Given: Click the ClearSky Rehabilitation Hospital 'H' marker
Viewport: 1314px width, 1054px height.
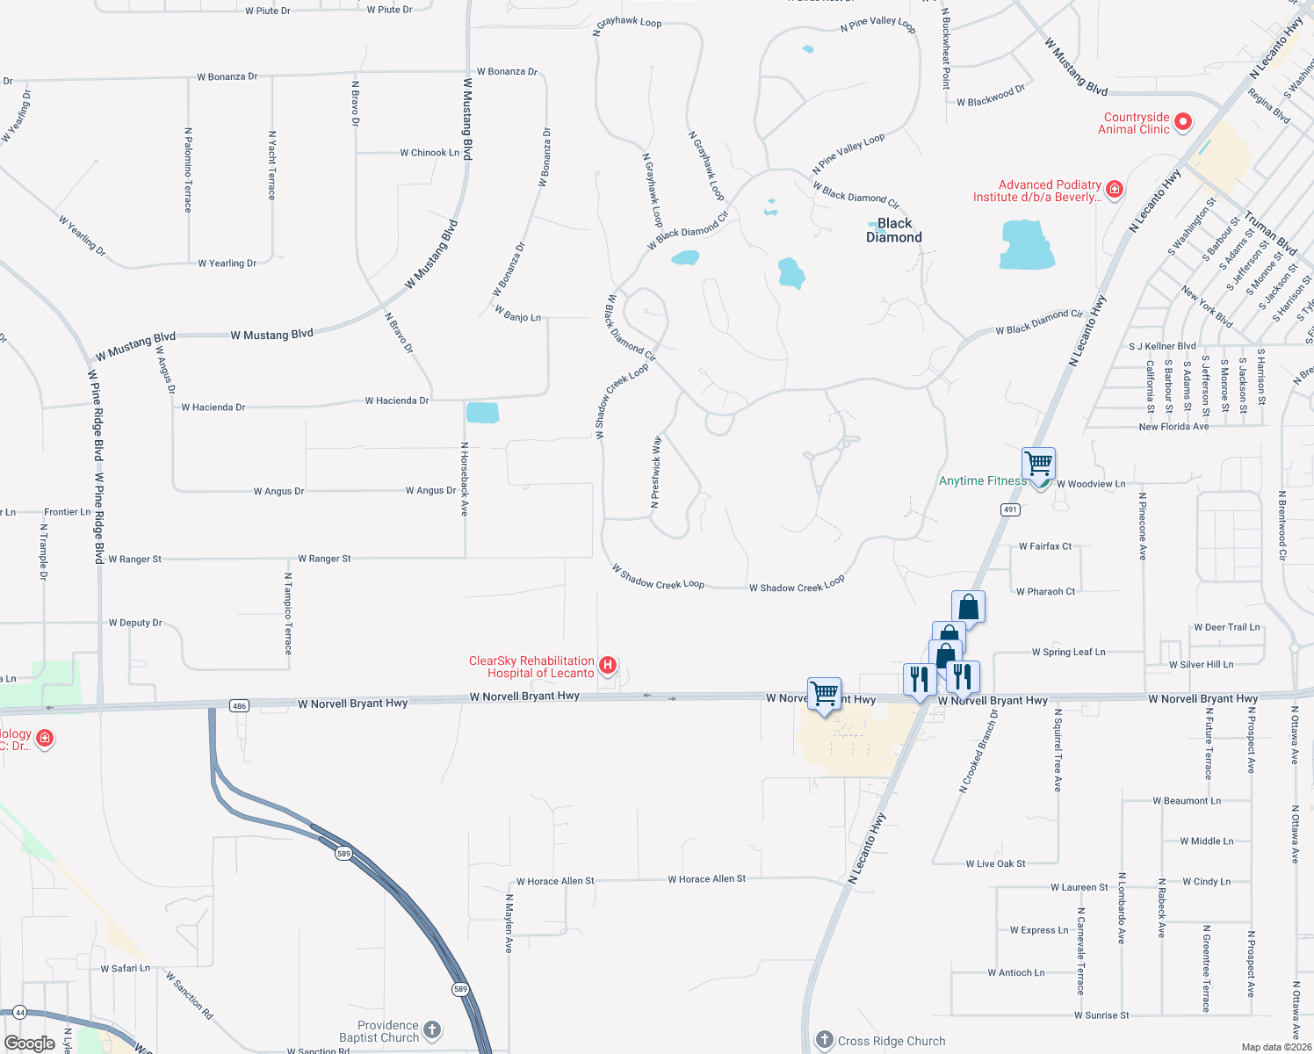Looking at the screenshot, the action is coord(607,666).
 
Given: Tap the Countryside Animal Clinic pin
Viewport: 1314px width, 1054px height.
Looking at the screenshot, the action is coord(1183,121).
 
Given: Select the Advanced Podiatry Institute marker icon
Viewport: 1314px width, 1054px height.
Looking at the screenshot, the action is coord(1115,189).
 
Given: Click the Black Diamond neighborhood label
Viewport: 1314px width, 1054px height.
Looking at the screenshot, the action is coord(894,230).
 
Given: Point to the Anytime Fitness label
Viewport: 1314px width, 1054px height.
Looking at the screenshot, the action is coord(982,480).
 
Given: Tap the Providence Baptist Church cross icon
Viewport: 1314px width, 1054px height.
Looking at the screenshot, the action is coord(432,1029).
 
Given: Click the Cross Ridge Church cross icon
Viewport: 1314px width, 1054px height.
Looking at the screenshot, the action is coord(824,1040).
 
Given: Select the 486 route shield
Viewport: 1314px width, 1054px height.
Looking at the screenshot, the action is coord(239,705).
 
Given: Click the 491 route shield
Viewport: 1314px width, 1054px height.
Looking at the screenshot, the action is coord(1010,509).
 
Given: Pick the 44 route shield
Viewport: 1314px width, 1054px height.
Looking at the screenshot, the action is coord(19,1012).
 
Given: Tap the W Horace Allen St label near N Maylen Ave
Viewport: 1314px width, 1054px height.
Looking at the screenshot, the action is coord(555,881).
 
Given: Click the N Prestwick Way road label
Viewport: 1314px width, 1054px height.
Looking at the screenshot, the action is coord(655,472).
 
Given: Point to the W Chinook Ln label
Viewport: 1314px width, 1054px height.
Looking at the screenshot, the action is coord(430,153).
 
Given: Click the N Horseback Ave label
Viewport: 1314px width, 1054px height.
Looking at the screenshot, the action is coord(465,479).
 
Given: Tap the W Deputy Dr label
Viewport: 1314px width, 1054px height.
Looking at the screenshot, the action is coord(135,623).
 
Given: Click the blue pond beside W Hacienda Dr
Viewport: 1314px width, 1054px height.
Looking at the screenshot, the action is coord(482,412).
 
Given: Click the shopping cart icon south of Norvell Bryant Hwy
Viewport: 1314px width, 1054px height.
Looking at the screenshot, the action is coord(824,693).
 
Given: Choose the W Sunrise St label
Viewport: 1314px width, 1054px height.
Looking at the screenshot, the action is coord(1101,1015).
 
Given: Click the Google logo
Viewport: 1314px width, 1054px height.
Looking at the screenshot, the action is coord(30,1043).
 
